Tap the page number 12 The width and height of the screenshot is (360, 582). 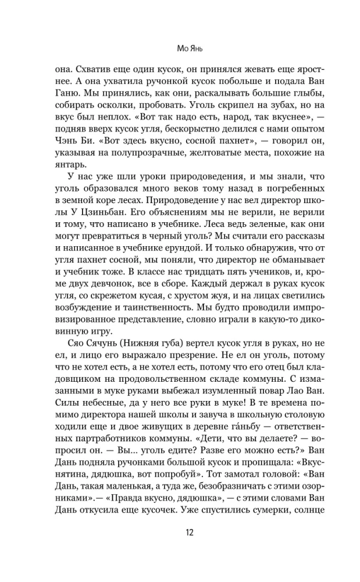click(x=180, y=533)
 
